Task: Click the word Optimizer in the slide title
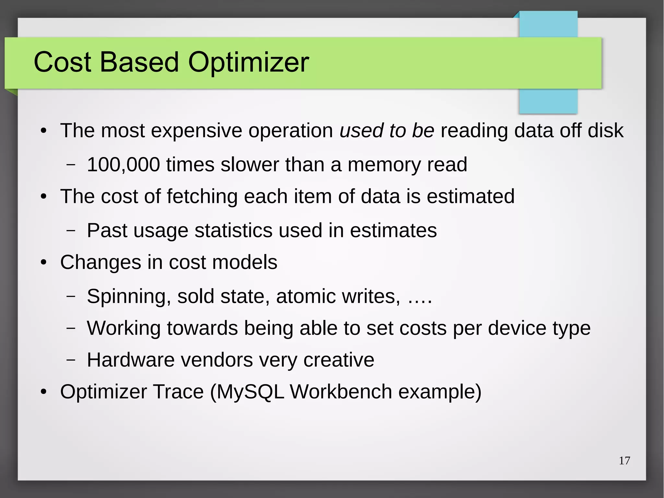[248, 62]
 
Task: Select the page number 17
[624, 461]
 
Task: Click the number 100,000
[123, 164]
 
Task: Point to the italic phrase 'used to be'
[387, 130]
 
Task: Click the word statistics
[233, 230]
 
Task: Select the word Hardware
[131, 360]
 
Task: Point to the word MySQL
[250, 392]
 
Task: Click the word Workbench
[341, 392]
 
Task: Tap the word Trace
[178, 392]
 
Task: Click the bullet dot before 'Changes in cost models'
[44, 262]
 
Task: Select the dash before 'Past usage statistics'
[71, 231]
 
